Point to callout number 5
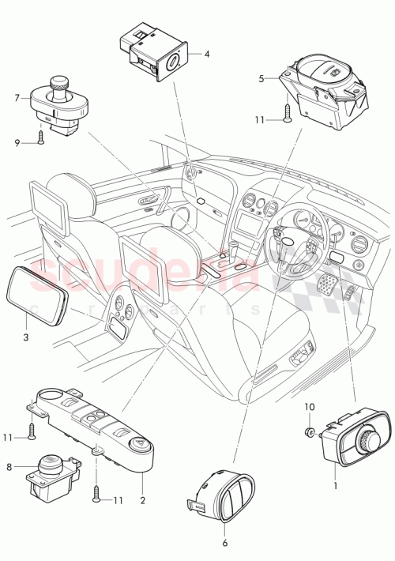[x=261, y=79]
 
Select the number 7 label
[x=15, y=98]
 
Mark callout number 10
[x=310, y=407]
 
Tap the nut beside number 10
[x=310, y=432]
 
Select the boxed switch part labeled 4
[x=153, y=53]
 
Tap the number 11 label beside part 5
[x=261, y=119]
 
